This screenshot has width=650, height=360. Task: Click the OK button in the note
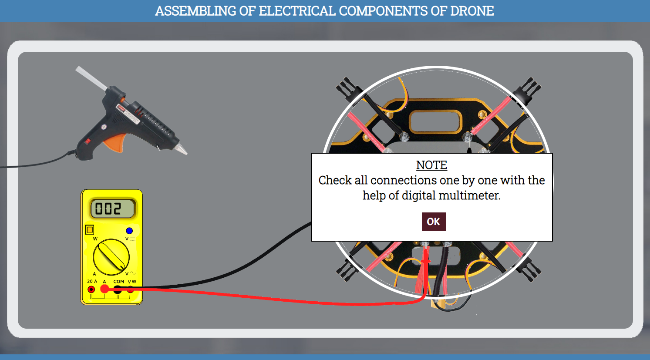[434, 222]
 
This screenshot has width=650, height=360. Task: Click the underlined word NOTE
[431, 165]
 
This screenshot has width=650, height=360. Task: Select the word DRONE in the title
[472, 11]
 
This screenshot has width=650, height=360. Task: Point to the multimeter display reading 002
[112, 209]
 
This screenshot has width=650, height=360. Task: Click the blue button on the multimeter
[129, 231]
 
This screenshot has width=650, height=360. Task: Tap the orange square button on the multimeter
[90, 230]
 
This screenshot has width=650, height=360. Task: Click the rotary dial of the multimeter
[111, 257]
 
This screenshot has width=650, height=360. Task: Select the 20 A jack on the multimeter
[91, 289]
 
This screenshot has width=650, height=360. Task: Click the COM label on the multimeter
[119, 281]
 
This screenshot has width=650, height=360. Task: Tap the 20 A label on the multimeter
[92, 281]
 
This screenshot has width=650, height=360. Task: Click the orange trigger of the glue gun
[115, 142]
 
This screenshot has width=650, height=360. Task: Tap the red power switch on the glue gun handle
[88, 141]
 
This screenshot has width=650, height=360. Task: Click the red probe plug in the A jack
[104, 289]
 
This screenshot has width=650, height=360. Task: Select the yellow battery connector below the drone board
[438, 304]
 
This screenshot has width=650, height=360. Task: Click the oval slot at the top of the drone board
[435, 121]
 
